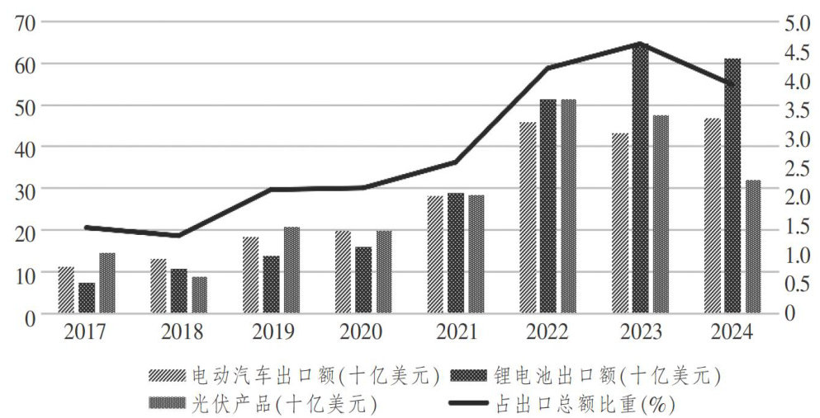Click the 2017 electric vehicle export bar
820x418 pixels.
(66, 290)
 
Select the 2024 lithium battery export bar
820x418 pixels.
(732, 186)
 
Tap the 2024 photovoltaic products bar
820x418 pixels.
(753, 247)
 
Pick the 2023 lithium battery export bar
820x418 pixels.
(640, 181)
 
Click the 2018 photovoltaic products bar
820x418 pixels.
(199, 295)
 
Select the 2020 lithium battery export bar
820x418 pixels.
(363, 279)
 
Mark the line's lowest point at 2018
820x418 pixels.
(178, 236)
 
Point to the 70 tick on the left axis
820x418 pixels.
(25, 21)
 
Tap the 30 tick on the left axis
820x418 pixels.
(25, 190)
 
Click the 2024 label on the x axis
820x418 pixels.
(731, 333)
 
